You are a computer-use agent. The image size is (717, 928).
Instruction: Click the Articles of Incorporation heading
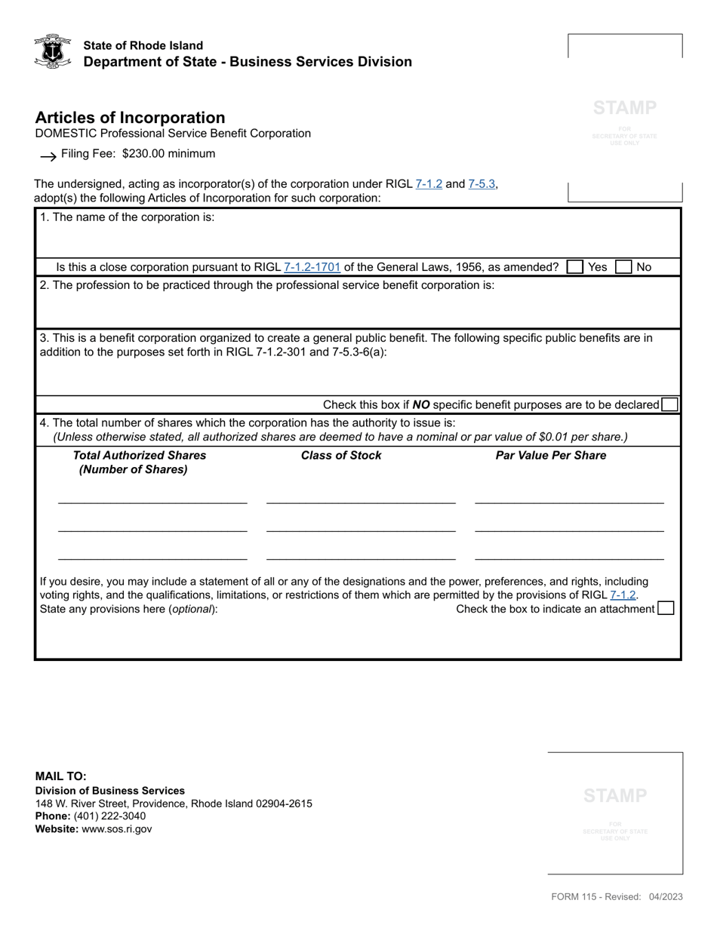click(130, 118)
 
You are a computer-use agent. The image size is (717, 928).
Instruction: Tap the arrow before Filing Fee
click(48, 155)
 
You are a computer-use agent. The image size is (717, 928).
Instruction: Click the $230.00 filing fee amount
click(148, 154)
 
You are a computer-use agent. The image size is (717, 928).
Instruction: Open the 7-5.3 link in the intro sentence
click(482, 183)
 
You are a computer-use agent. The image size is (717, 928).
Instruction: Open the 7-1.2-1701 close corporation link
click(312, 267)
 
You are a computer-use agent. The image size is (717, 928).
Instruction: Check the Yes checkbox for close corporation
click(575, 267)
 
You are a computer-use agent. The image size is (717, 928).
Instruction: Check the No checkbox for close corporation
click(623, 267)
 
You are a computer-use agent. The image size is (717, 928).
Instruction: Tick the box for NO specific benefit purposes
click(669, 405)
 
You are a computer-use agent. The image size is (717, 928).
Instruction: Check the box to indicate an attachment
click(666, 609)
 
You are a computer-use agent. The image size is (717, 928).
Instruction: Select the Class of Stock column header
click(341, 456)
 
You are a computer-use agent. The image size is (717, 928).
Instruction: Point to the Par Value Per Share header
click(550, 456)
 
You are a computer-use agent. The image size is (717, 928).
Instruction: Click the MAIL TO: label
click(60, 776)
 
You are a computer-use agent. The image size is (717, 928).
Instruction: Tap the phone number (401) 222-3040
click(109, 816)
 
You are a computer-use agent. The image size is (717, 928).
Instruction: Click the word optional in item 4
click(192, 610)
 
